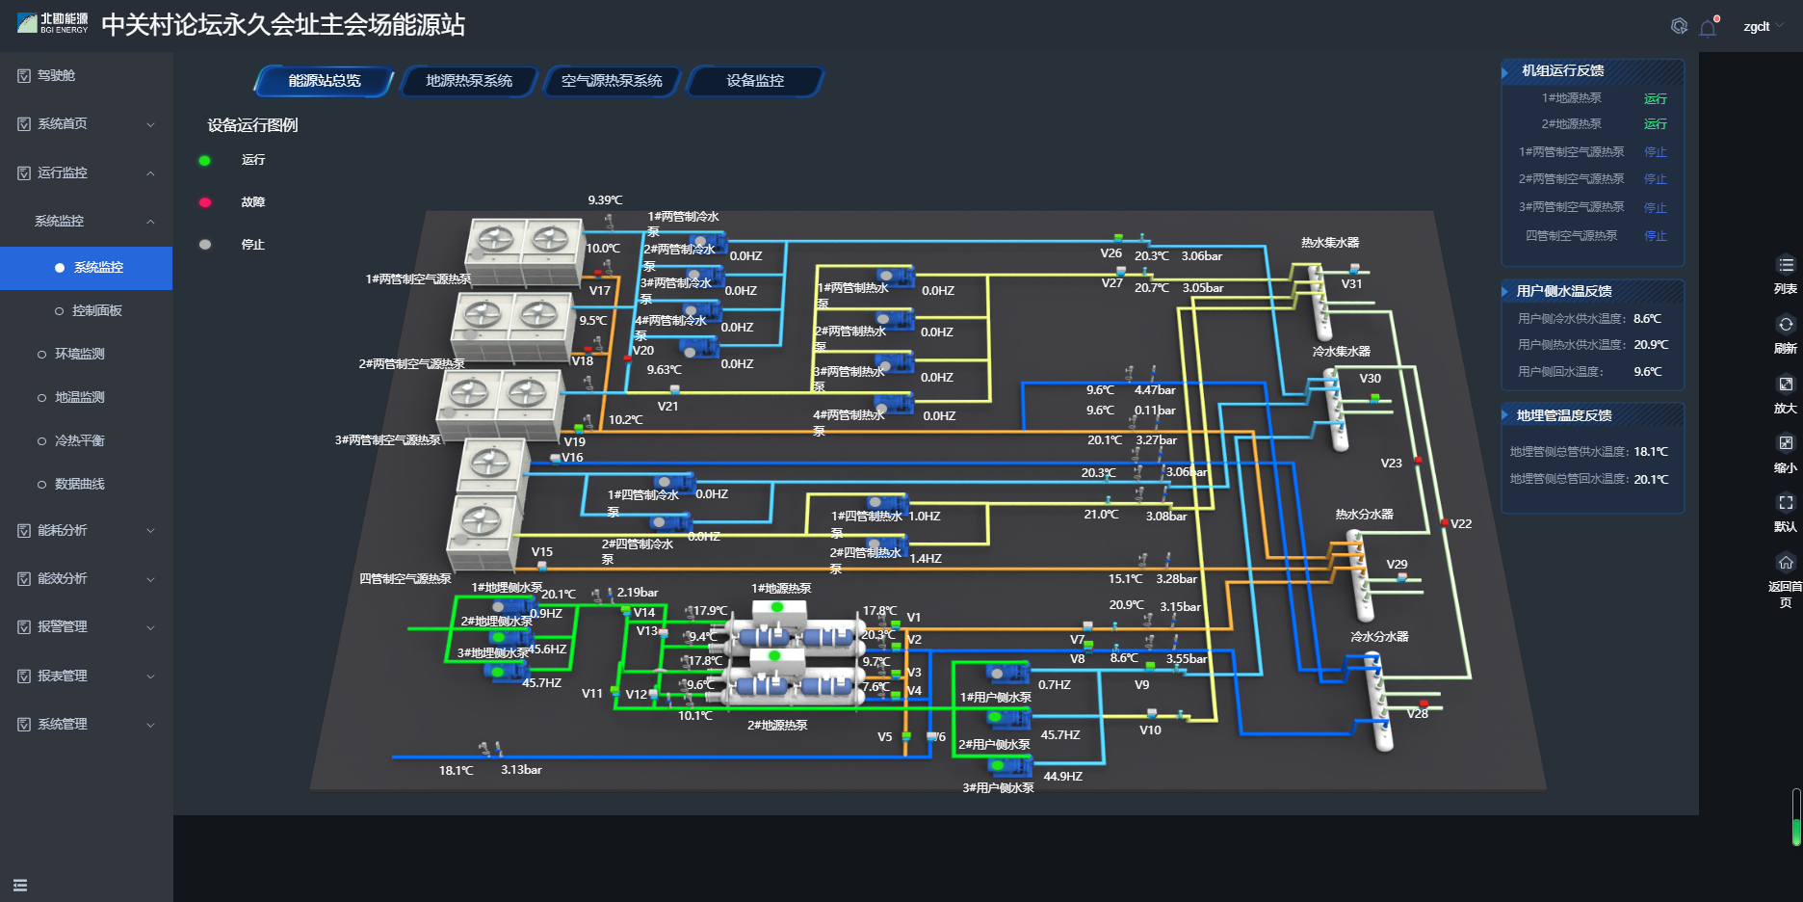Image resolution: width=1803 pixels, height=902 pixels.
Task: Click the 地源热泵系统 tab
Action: point(469,81)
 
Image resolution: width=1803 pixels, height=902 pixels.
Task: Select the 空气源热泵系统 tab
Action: point(612,81)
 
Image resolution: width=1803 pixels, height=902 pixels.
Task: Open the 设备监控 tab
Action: point(755,81)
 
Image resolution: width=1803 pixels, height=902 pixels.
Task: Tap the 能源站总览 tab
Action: point(325,81)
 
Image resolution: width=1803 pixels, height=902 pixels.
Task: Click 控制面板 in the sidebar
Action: point(96,310)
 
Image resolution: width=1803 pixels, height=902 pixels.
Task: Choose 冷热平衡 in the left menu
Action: point(79,440)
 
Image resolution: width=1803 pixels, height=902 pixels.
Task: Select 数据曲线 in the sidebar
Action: point(79,484)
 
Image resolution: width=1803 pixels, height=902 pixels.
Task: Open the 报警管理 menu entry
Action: point(63,626)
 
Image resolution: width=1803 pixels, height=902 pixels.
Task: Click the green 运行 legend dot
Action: point(204,161)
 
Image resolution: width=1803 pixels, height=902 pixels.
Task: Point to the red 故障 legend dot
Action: point(204,202)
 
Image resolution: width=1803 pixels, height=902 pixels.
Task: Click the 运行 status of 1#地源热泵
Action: point(1655,98)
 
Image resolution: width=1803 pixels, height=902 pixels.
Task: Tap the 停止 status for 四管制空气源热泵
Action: point(1655,236)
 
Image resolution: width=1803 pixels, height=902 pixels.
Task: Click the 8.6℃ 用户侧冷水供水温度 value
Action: point(1647,319)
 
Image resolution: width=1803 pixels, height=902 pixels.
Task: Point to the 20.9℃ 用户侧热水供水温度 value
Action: point(1650,345)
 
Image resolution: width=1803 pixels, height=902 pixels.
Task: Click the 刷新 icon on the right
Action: point(1786,325)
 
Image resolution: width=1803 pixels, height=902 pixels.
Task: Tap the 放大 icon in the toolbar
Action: point(1786,385)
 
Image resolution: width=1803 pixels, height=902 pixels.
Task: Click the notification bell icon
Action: point(1709,27)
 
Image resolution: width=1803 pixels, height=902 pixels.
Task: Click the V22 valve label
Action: point(1461,524)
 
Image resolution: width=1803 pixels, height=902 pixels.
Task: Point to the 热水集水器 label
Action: point(1330,243)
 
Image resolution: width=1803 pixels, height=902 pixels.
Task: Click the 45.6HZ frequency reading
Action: point(547,650)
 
